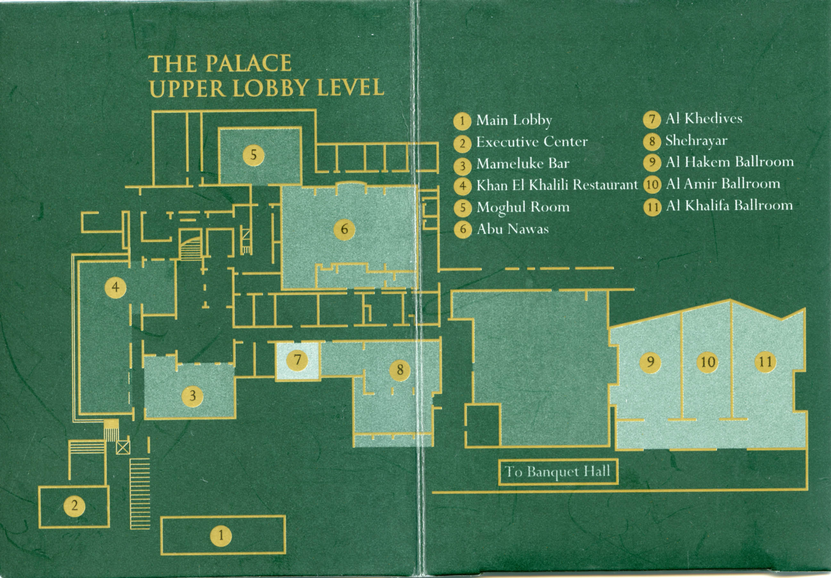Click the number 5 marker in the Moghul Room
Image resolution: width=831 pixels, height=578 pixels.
[x=253, y=155]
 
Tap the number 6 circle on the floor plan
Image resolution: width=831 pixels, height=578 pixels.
[x=344, y=229]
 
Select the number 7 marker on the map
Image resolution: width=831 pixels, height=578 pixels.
[x=297, y=360]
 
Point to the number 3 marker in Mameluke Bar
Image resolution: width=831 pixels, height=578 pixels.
[x=193, y=396]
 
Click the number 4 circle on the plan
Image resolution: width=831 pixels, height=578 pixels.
[x=115, y=288]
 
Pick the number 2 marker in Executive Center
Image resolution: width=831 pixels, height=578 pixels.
[x=75, y=505]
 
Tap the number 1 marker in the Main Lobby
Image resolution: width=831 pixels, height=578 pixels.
[x=221, y=535]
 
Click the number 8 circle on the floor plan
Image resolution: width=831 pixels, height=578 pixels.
[x=400, y=370]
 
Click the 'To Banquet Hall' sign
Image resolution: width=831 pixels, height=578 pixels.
[x=558, y=472]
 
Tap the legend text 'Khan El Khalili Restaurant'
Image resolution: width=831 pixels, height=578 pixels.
[x=557, y=185]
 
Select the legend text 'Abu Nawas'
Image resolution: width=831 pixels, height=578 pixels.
[x=512, y=229]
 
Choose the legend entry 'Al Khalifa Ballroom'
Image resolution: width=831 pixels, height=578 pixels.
[x=729, y=206]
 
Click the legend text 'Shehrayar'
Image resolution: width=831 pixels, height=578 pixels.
[x=696, y=141]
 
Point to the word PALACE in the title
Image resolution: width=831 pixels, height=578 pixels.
[x=249, y=64]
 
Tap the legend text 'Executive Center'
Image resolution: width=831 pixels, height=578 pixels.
[x=532, y=142]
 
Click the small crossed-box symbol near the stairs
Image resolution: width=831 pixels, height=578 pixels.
[x=123, y=448]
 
